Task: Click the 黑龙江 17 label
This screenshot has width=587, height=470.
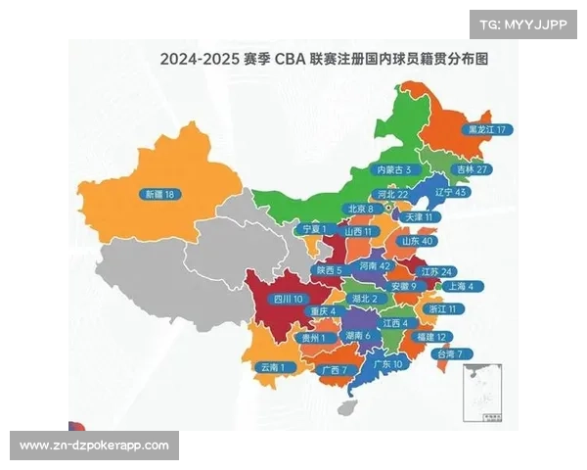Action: pyautogui.click(x=489, y=129)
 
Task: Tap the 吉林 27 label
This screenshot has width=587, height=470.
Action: pyautogui.click(x=474, y=168)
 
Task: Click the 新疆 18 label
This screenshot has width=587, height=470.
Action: pyautogui.click(x=157, y=194)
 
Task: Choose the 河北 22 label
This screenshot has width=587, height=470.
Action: pyautogui.click(x=388, y=194)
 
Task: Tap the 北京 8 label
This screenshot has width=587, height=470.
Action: pyautogui.click(x=359, y=209)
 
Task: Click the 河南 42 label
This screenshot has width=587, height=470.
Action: pyautogui.click(x=374, y=265)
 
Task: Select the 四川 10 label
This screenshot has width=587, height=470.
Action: pyautogui.click(x=289, y=298)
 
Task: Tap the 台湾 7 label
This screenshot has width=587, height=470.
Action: pyautogui.click(x=455, y=353)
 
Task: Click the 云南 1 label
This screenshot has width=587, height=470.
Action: pyautogui.click(x=273, y=367)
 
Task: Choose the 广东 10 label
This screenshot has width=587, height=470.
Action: pyautogui.click(x=388, y=363)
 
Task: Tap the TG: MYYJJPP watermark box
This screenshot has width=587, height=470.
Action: pyautogui.click(x=523, y=23)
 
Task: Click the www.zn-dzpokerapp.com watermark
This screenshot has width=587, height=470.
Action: pyautogui.click(x=94, y=446)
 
